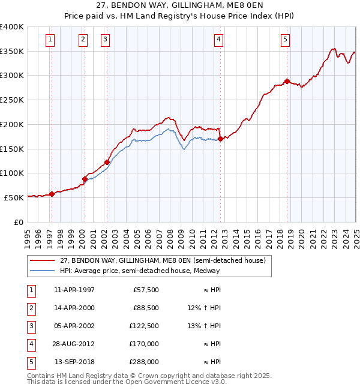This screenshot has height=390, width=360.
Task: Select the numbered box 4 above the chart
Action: click(218, 40)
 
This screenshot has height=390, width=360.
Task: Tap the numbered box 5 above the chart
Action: click(285, 40)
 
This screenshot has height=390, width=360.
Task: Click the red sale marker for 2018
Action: click(287, 82)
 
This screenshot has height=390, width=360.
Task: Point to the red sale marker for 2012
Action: click(221, 139)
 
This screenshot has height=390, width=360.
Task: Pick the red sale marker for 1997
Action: click(52, 194)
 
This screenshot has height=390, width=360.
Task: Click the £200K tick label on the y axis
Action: click(12, 124)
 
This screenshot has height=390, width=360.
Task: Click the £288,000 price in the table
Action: click(145, 362)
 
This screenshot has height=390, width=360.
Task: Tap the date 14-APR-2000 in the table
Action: click(74, 308)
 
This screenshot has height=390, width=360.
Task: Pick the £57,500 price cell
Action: click(146, 290)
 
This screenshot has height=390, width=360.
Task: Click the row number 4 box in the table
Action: click(31, 344)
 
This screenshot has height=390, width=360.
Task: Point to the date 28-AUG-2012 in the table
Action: click(74, 344)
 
